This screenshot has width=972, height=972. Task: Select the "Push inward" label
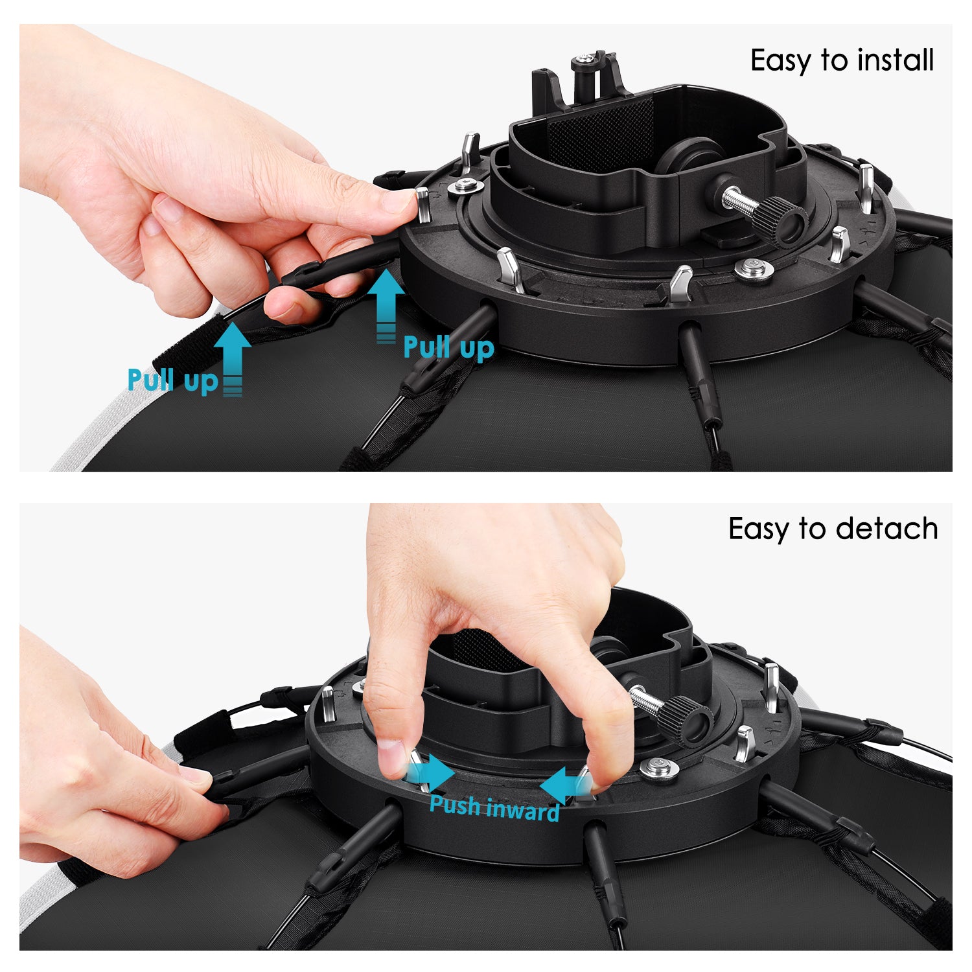pos(494,808)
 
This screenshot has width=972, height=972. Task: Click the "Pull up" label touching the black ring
pos(448,347)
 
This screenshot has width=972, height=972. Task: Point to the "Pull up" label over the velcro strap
pos(172,380)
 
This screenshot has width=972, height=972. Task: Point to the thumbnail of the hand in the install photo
pos(397,202)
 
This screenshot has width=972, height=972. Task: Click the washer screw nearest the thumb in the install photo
pos(465,187)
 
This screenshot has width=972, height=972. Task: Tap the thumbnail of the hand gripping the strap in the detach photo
pos(196,774)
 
